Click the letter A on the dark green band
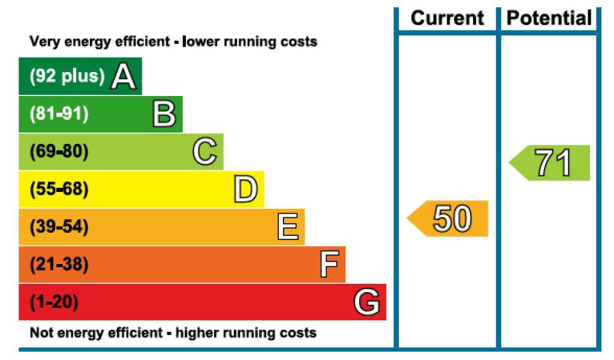tap(124, 76)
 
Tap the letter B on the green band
tap(164, 113)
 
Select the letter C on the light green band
tap(205, 151)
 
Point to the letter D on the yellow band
tap(245, 189)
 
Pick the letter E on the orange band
tap(288, 226)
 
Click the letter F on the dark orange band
tap(329, 264)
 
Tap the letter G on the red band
tap(367, 302)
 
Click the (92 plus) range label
tap(67, 76)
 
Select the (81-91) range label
tap(59, 113)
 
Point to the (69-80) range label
tap(59, 151)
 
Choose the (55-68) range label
tap(59, 189)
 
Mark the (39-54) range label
tap(59, 226)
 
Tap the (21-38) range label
tap(59, 264)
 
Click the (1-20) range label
tap(54, 302)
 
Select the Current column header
tap(447, 18)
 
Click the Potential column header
tap(549, 18)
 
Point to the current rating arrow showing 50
tap(447, 218)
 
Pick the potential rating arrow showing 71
tap(549, 163)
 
